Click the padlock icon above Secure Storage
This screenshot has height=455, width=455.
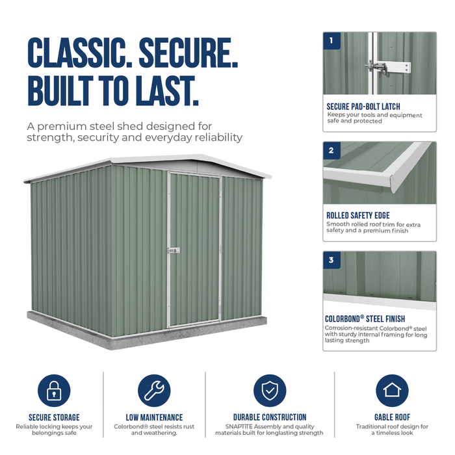[54, 391]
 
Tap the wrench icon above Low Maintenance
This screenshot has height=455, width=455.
[154, 391]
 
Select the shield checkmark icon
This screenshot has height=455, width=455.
[270, 391]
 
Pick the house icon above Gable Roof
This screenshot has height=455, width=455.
[392, 391]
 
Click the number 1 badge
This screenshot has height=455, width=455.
[331, 41]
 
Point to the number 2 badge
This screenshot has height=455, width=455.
[331, 151]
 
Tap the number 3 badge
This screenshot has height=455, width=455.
[331, 260]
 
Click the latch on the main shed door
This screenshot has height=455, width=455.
[174, 250]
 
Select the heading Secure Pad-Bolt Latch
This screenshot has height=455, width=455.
[363, 107]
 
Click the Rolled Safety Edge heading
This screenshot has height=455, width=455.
[358, 216]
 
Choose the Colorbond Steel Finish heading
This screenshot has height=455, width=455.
[365, 319]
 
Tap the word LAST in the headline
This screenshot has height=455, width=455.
[168, 90]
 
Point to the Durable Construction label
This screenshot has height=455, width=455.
[270, 417]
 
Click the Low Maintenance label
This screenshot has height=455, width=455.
[155, 417]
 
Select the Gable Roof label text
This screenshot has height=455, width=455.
[393, 417]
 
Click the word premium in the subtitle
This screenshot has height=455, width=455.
[62, 127]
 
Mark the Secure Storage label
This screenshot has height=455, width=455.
[54, 417]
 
